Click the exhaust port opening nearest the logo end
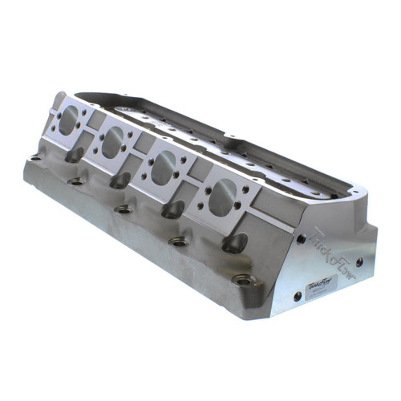[x=223, y=194]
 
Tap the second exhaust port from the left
[x=112, y=143]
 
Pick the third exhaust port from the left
[x=164, y=167]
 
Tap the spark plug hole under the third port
[x=173, y=209]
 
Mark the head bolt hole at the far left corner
[x=34, y=158]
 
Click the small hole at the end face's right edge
[x=358, y=261]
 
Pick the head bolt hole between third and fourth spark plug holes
[x=174, y=240]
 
